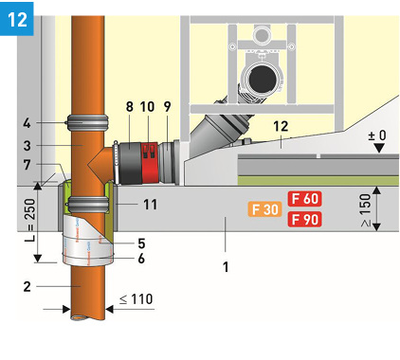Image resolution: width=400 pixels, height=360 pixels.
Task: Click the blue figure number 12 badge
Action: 17,18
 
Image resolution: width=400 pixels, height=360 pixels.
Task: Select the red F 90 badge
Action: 305,220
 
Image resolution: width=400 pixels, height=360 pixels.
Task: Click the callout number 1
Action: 225,267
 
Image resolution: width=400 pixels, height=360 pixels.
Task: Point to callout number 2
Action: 27,285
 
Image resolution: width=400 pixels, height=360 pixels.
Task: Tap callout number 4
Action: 27,121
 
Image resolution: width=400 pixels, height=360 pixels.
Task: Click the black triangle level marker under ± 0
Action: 378,158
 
